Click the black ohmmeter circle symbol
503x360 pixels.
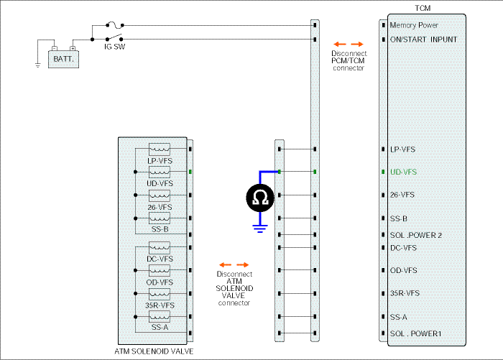click(x=260, y=198)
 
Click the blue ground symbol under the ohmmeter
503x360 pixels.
click(x=260, y=229)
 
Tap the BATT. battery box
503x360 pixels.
click(x=63, y=60)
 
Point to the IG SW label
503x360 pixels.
click(x=114, y=47)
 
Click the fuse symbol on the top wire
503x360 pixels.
click(x=114, y=24)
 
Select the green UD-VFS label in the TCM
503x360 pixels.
click(x=403, y=172)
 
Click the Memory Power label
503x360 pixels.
click(x=414, y=25)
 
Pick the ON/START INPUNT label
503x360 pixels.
click(x=423, y=40)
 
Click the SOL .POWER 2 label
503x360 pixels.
click(x=416, y=235)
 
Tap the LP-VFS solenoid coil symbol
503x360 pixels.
click(x=160, y=149)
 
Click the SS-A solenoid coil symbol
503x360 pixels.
click(x=160, y=317)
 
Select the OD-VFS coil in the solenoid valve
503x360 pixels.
click(x=160, y=270)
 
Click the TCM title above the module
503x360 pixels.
click(x=423, y=8)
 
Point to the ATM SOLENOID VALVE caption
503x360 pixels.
click(x=154, y=351)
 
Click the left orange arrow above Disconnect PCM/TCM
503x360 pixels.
click(x=340, y=45)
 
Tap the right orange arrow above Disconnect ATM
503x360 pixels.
click(x=243, y=264)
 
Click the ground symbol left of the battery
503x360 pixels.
click(x=38, y=65)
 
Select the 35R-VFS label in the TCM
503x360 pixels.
click(x=405, y=293)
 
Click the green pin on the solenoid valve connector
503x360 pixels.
click(x=190, y=172)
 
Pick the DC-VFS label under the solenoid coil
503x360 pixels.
click(x=160, y=259)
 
